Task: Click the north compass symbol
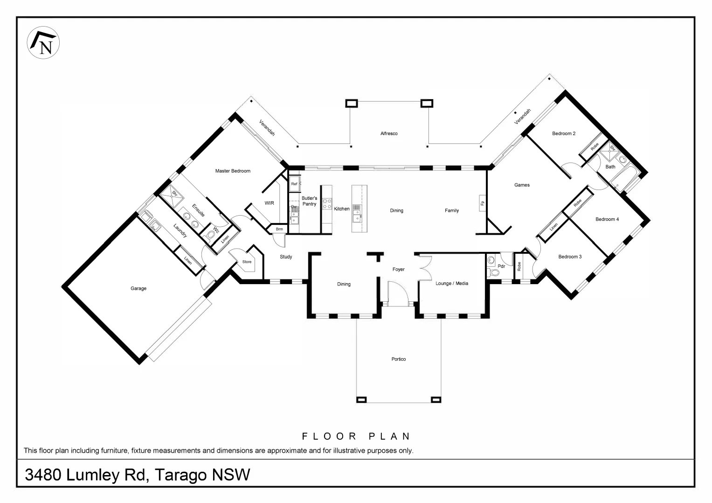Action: (43, 43)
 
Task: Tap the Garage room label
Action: (138, 289)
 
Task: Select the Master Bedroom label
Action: (233, 171)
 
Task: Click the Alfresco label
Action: (389, 134)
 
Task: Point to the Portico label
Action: (399, 359)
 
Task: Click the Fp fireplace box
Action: (483, 203)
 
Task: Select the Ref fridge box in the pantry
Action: (294, 184)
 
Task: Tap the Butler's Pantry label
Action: (309, 201)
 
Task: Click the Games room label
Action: (522, 185)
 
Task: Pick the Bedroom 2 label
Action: (564, 134)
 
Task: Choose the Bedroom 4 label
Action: (607, 219)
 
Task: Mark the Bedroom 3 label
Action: (570, 257)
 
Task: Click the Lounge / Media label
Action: (452, 283)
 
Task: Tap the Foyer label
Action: (398, 269)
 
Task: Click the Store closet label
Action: (247, 262)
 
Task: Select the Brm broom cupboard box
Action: (279, 229)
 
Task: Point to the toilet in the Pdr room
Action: (490, 272)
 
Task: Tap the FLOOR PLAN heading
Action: (356, 436)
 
